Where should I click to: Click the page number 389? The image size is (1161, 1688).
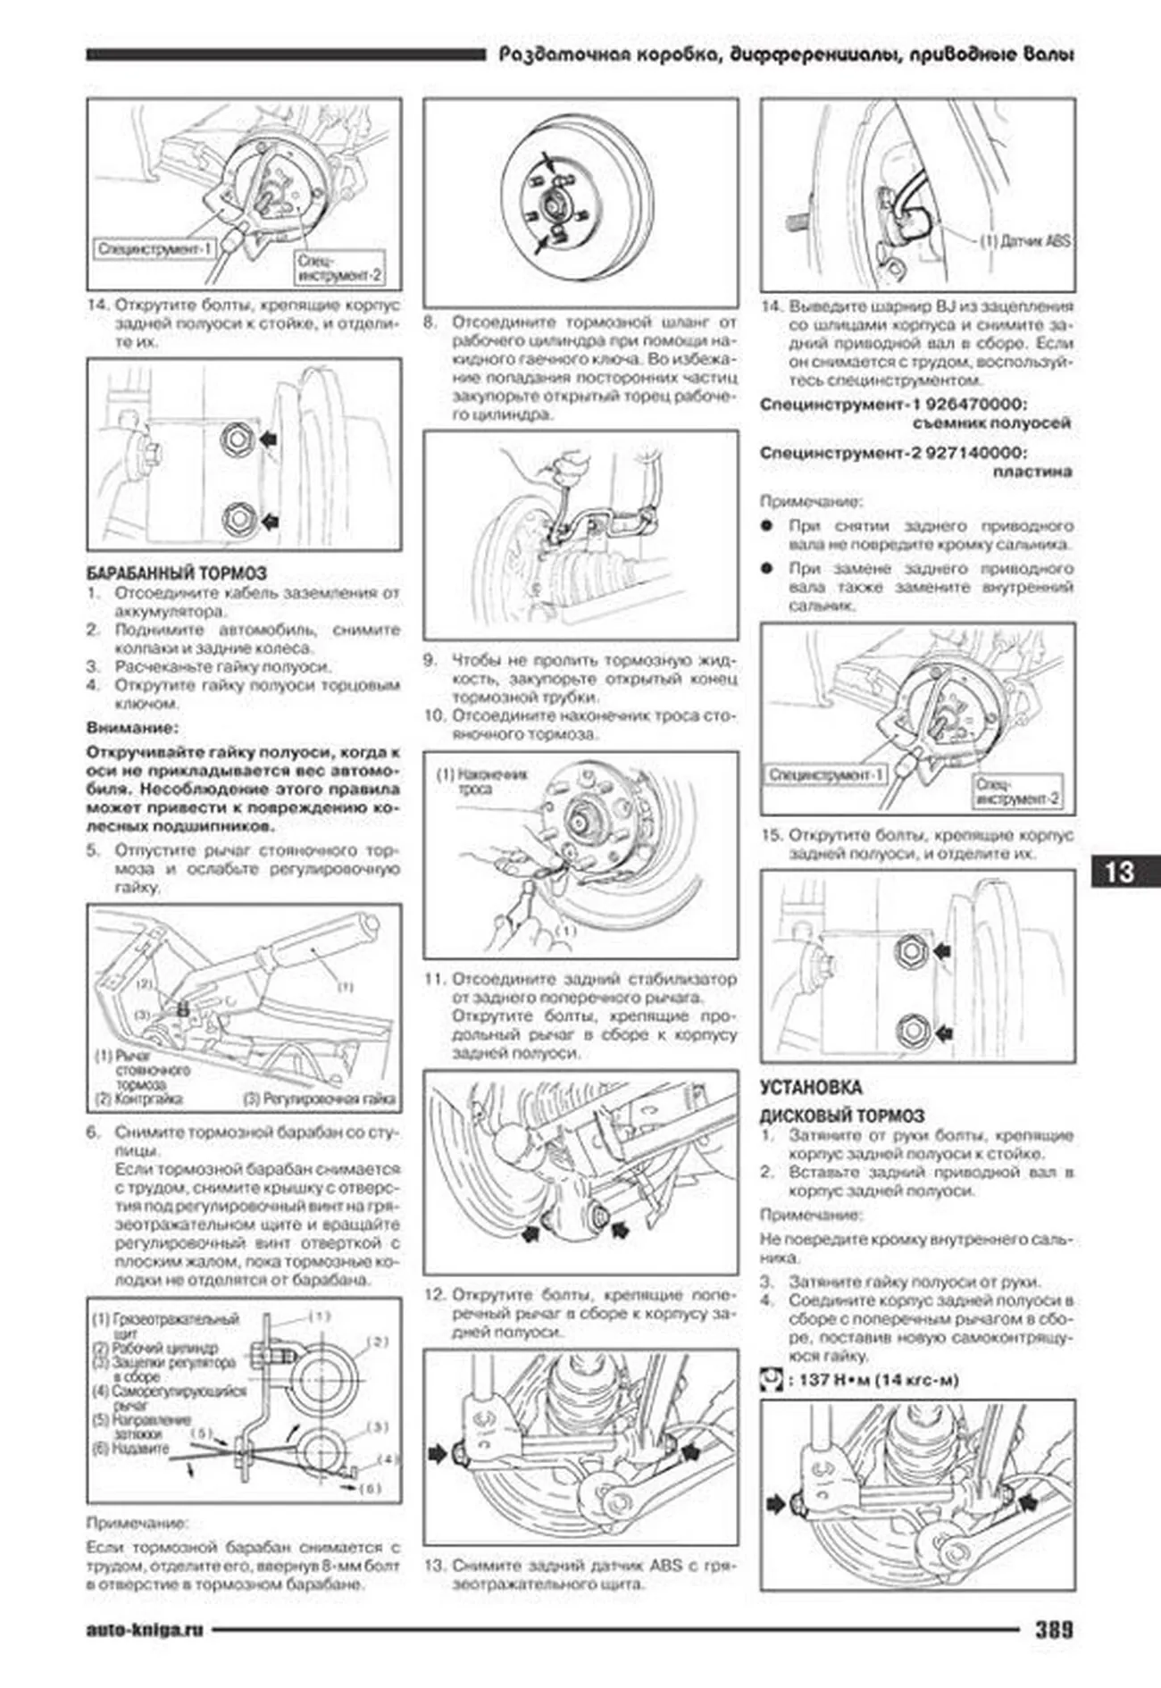coord(1054,1630)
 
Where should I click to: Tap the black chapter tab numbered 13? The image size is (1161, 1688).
coord(1120,872)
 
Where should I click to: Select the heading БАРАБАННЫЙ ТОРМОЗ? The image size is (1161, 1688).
coord(176,573)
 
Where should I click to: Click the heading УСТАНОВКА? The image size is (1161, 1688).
coord(811,1087)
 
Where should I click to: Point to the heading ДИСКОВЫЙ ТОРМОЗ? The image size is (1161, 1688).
coord(841,1116)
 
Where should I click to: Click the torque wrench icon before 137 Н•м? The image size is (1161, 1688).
coord(770,1380)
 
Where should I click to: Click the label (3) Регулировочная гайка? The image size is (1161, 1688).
coord(320,1099)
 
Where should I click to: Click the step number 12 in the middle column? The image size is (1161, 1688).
coord(434,1294)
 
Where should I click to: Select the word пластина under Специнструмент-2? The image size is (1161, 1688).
coord(1032,472)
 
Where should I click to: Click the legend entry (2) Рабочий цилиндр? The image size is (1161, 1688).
coord(155,1348)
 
